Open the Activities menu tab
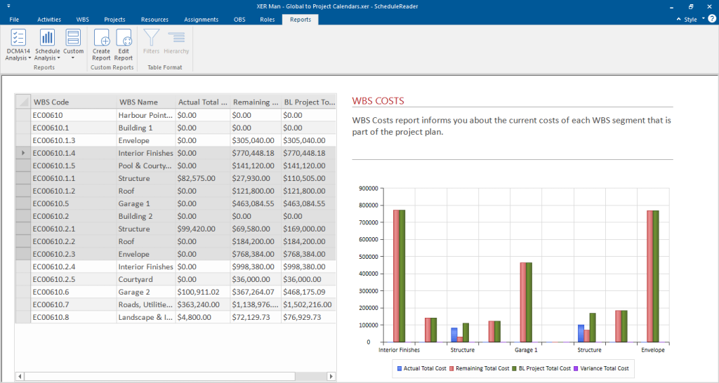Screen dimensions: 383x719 click(x=49, y=20)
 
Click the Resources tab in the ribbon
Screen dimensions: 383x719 click(x=154, y=20)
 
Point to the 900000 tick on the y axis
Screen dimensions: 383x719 click(x=368, y=188)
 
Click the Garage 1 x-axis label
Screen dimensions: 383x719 click(x=526, y=350)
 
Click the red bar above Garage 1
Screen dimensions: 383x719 click(x=523, y=302)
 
